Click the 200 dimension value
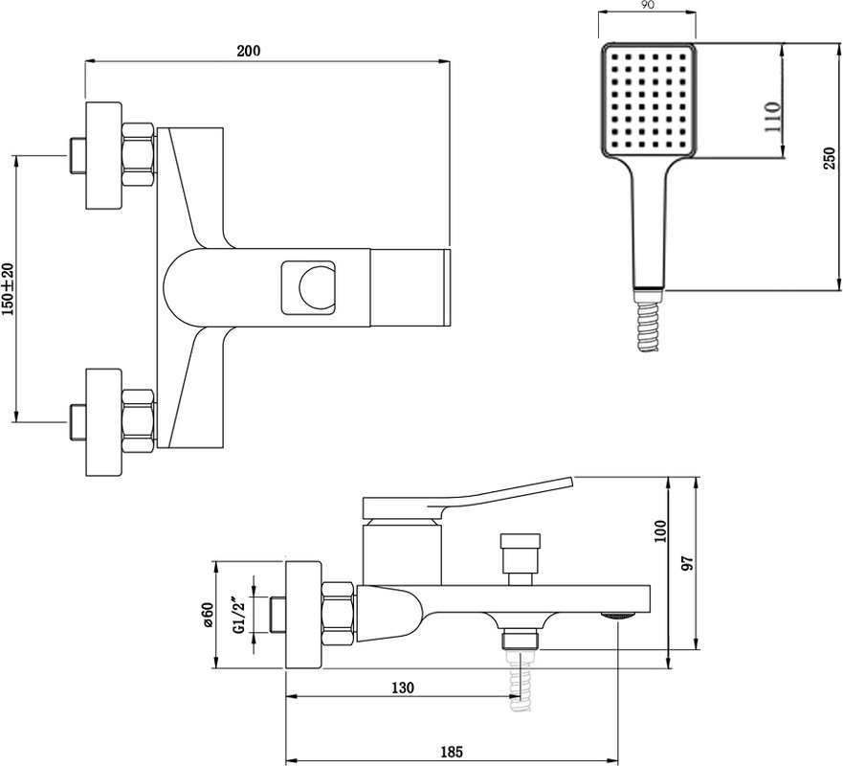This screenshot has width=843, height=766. [x=249, y=51]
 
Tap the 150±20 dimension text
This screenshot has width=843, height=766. [x=8, y=290]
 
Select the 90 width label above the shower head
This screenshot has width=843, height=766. [x=648, y=6]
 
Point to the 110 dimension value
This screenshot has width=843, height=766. [x=771, y=117]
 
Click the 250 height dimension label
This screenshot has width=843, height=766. [x=829, y=159]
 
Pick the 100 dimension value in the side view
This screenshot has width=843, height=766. [x=660, y=530]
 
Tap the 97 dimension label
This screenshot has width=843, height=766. [x=688, y=563]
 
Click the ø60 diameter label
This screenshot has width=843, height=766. [x=208, y=615]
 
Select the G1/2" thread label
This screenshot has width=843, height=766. [x=238, y=615]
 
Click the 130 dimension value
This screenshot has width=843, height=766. [x=403, y=687]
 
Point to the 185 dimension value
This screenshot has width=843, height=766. [x=451, y=751]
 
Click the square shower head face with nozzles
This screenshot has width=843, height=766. [x=649, y=100]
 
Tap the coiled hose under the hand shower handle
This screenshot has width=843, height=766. [x=648, y=326]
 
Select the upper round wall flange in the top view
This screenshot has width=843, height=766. [x=103, y=155]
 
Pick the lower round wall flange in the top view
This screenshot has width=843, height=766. [x=103, y=422]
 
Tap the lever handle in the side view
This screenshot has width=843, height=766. [x=467, y=498]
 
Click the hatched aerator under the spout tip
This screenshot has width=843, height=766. [x=617, y=616]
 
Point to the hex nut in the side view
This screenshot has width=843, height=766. [x=340, y=613]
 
